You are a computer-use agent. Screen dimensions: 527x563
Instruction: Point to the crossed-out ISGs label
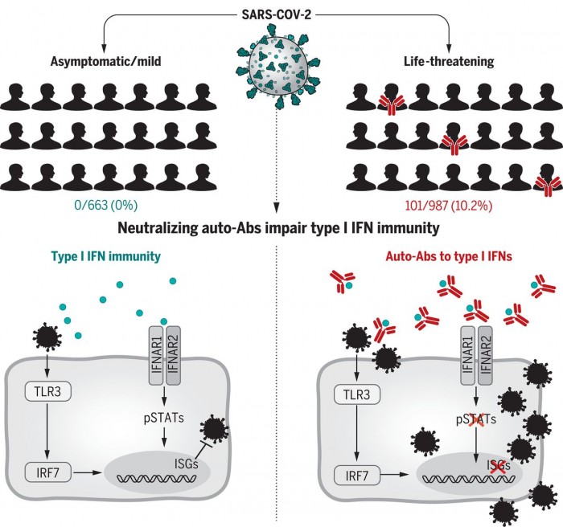[476, 464]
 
